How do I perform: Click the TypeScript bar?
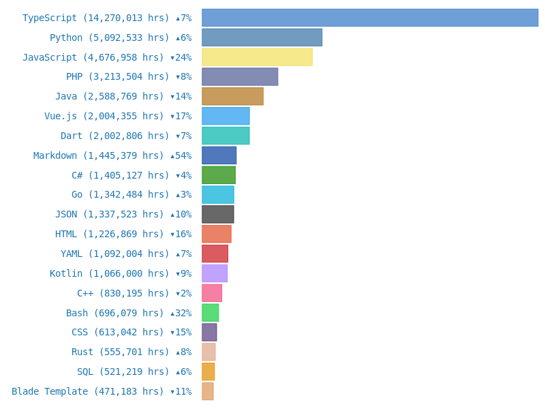coord(369,18)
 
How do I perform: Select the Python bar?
coord(262,37)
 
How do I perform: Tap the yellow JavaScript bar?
coord(257,57)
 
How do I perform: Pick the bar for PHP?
coord(240,76)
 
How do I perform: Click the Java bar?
coord(232,96)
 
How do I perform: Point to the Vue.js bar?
coord(225,116)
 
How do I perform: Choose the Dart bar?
coord(225,136)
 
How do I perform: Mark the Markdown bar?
coord(219,155)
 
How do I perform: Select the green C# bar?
coord(218,175)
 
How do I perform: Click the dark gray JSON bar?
coord(217,214)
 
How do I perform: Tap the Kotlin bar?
coord(215,273)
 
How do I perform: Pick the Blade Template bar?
coord(207,391)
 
